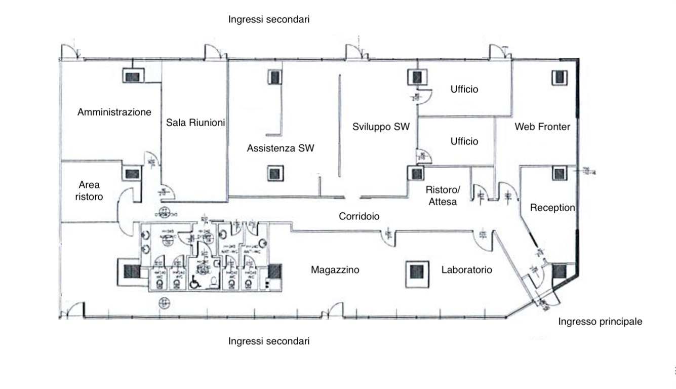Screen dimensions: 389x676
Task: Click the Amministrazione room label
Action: [114, 112]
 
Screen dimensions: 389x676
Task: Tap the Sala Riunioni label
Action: [195, 123]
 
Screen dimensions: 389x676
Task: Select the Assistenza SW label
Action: [281, 148]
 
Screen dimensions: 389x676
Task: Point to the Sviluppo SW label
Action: [381, 127]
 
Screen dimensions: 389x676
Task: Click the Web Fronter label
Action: [542, 127]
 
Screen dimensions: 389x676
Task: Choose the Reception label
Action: [552, 208]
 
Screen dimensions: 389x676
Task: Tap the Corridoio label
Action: [359, 216]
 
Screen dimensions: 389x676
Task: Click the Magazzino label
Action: [335, 270]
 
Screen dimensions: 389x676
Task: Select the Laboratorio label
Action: [466, 270]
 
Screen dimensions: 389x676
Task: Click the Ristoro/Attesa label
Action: [442, 196]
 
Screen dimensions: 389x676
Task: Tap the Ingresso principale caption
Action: [600, 321]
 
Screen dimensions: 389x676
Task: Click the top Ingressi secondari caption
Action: [268, 19]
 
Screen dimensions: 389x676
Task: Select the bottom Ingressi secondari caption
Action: [268, 341]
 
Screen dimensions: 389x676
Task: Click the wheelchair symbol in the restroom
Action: [194, 283]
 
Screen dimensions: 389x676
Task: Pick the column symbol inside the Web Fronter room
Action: [559, 77]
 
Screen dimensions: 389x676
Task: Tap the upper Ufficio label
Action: [464, 89]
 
